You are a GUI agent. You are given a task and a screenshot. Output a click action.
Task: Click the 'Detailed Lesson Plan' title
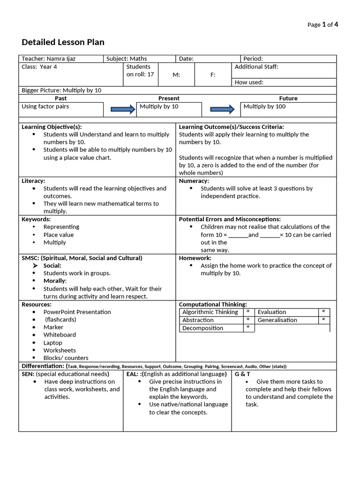(x=63, y=42)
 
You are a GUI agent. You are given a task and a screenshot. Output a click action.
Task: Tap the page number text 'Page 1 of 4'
(x=322, y=25)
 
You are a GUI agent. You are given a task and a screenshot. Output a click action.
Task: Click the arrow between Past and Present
(x=123, y=109)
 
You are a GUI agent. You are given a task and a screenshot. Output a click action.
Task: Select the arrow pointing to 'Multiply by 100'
(x=222, y=109)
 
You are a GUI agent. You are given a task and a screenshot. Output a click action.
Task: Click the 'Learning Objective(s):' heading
(x=52, y=127)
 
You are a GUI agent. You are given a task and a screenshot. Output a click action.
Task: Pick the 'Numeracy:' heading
(x=194, y=180)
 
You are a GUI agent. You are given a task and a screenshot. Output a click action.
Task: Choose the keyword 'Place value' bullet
(x=59, y=235)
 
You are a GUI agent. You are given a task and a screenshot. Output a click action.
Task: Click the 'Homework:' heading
(x=195, y=258)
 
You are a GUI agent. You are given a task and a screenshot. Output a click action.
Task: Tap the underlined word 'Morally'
(x=55, y=281)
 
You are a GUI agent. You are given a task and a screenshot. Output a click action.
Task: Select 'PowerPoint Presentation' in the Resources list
(x=77, y=312)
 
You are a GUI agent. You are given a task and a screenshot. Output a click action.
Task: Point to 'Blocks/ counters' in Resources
(x=66, y=358)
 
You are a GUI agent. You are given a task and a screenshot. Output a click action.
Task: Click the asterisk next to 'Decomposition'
(x=248, y=328)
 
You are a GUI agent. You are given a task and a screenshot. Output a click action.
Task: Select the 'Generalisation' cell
(x=277, y=320)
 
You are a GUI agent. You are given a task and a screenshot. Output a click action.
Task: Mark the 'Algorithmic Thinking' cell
(x=210, y=312)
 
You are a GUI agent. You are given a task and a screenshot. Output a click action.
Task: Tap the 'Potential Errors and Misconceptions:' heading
(x=230, y=219)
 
